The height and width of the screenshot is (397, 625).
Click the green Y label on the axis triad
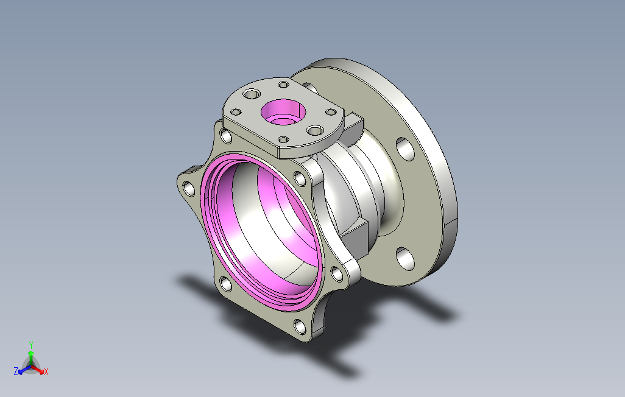point(30,345)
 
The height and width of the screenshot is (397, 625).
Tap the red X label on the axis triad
point(46,372)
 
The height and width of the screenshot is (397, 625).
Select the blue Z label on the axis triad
point(16,371)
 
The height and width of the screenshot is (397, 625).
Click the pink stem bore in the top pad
point(283,112)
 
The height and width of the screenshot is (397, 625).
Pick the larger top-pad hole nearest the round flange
point(316,130)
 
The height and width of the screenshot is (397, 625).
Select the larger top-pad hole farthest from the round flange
point(252,94)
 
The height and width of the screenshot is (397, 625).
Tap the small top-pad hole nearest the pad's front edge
point(283,139)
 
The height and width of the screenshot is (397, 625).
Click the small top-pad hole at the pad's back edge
point(283,85)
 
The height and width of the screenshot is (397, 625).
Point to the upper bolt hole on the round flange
point(405,149)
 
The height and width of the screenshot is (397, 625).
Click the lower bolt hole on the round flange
point(405,258)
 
